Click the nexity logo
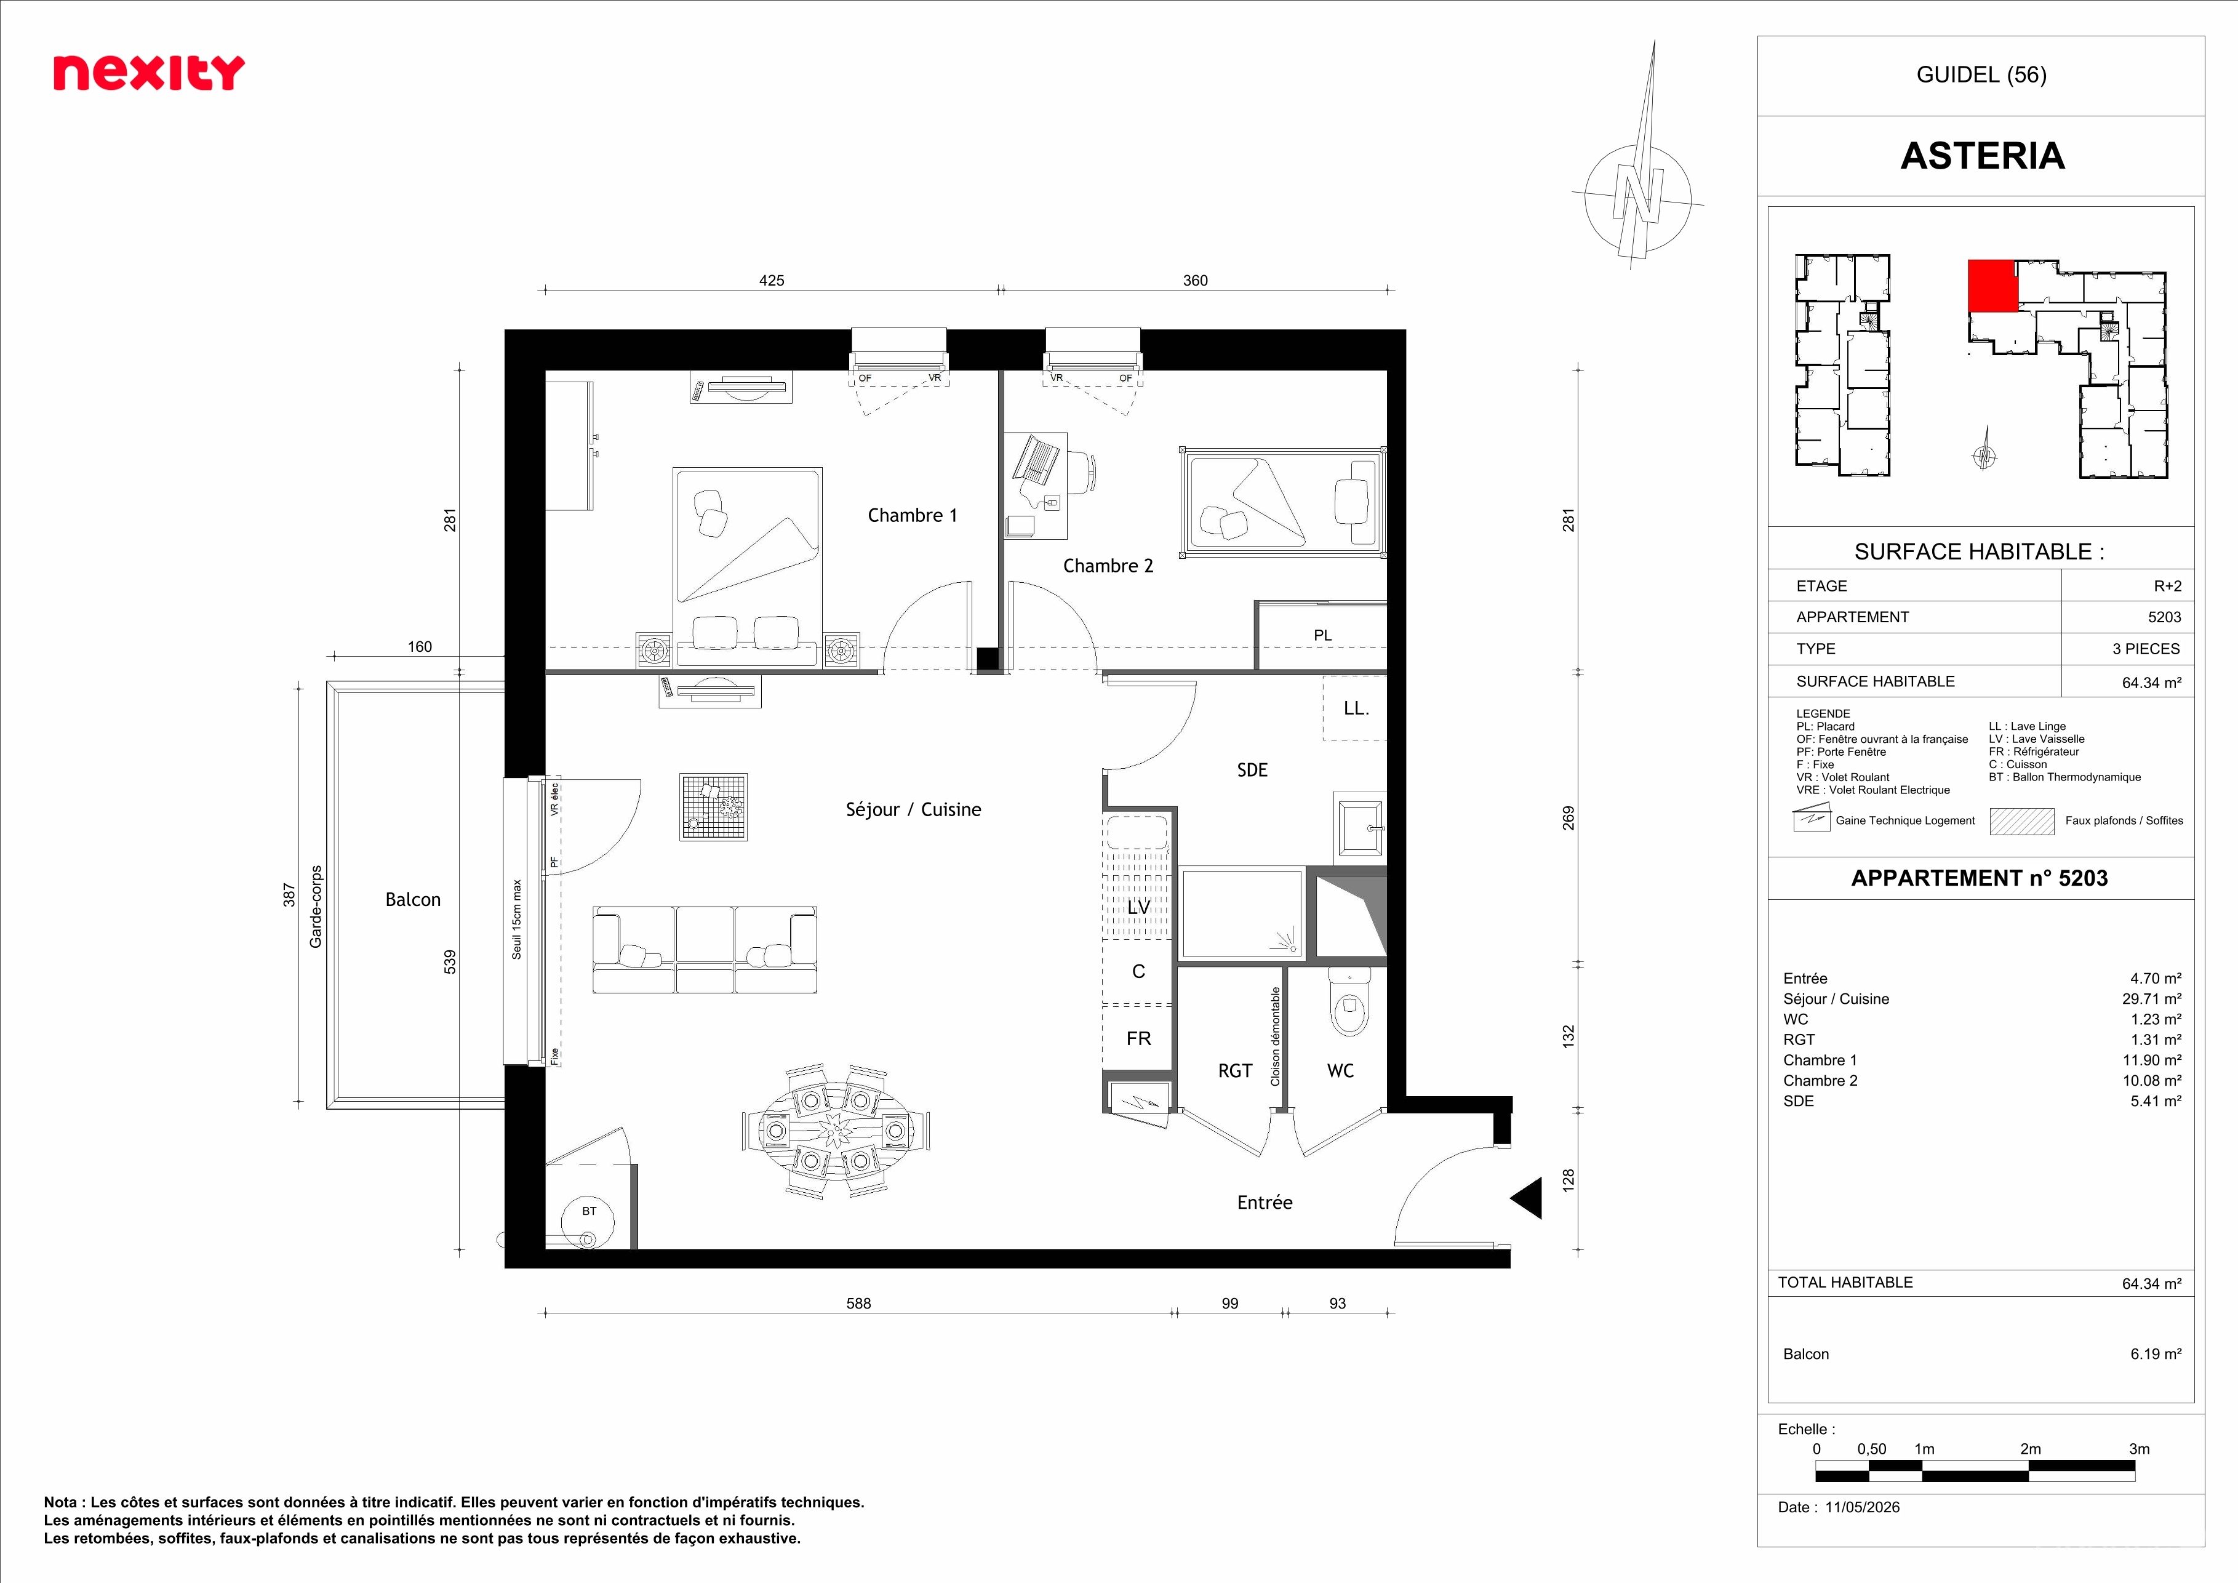(148, 73)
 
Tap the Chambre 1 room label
(913, 516)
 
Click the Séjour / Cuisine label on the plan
(913, 809)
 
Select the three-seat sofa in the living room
(705, 950)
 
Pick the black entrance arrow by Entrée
(1527, 1198)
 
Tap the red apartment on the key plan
(1992, 284)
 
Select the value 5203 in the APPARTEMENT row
(2165, 617)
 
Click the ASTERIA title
(1983, 156)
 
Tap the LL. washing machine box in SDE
(1355, 708)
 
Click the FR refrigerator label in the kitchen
(1138, 1039)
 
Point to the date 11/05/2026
(1863, 1507)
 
